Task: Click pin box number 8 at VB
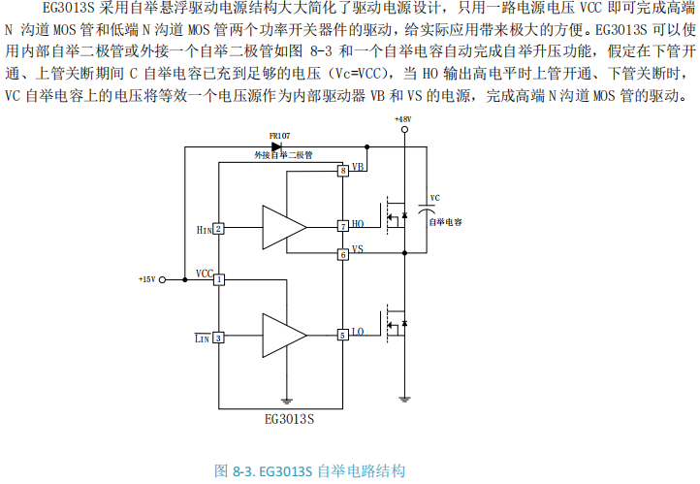[x=342, y=172]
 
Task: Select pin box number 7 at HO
[x=342, y=226]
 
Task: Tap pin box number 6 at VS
[x=342, y=254]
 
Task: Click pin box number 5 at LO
[x=342, y=335]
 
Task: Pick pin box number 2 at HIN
[x=219, y=229]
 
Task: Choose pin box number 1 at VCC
[x=219, y=279]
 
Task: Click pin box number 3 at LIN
[x=219, y=338]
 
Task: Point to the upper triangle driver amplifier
[x=282, y=227]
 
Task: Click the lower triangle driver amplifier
[x=282, y=336]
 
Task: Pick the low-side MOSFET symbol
[x=396, y=319]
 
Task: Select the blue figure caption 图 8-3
[x=309, y=470]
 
